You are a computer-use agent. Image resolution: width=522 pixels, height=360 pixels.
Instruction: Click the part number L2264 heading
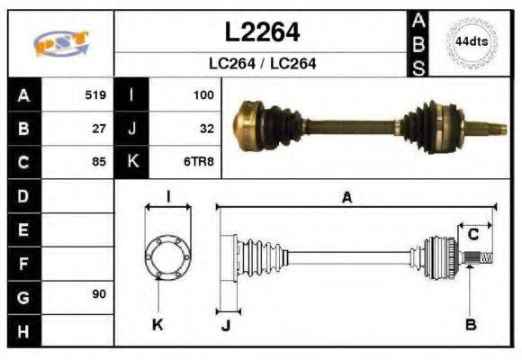[261, 32]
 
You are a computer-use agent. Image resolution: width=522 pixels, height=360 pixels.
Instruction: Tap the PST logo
[60, 43]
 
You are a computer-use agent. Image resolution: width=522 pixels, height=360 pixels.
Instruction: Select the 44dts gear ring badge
[472, 41]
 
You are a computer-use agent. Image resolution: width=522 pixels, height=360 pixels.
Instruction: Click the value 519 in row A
[95, 94]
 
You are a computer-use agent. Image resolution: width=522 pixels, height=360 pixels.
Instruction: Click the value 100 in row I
[202, 94]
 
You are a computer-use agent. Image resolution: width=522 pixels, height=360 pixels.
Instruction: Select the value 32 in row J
[206, 128]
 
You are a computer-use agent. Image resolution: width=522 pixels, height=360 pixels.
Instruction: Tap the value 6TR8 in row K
[200, 162]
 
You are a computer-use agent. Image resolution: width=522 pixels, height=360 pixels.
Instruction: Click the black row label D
[23, 195]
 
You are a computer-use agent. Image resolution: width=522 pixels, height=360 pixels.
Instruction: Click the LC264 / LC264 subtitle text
[261, 64]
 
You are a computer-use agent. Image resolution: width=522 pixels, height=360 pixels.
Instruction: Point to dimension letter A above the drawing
[346, 198]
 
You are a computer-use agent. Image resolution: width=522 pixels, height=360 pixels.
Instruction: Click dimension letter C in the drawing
[472, 235]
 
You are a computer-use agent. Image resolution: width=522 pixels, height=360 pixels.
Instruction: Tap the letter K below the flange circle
[157, 324]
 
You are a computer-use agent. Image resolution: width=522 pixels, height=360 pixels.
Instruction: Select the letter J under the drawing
[225, 325]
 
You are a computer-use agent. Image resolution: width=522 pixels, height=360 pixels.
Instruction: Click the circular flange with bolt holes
[167, 256]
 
